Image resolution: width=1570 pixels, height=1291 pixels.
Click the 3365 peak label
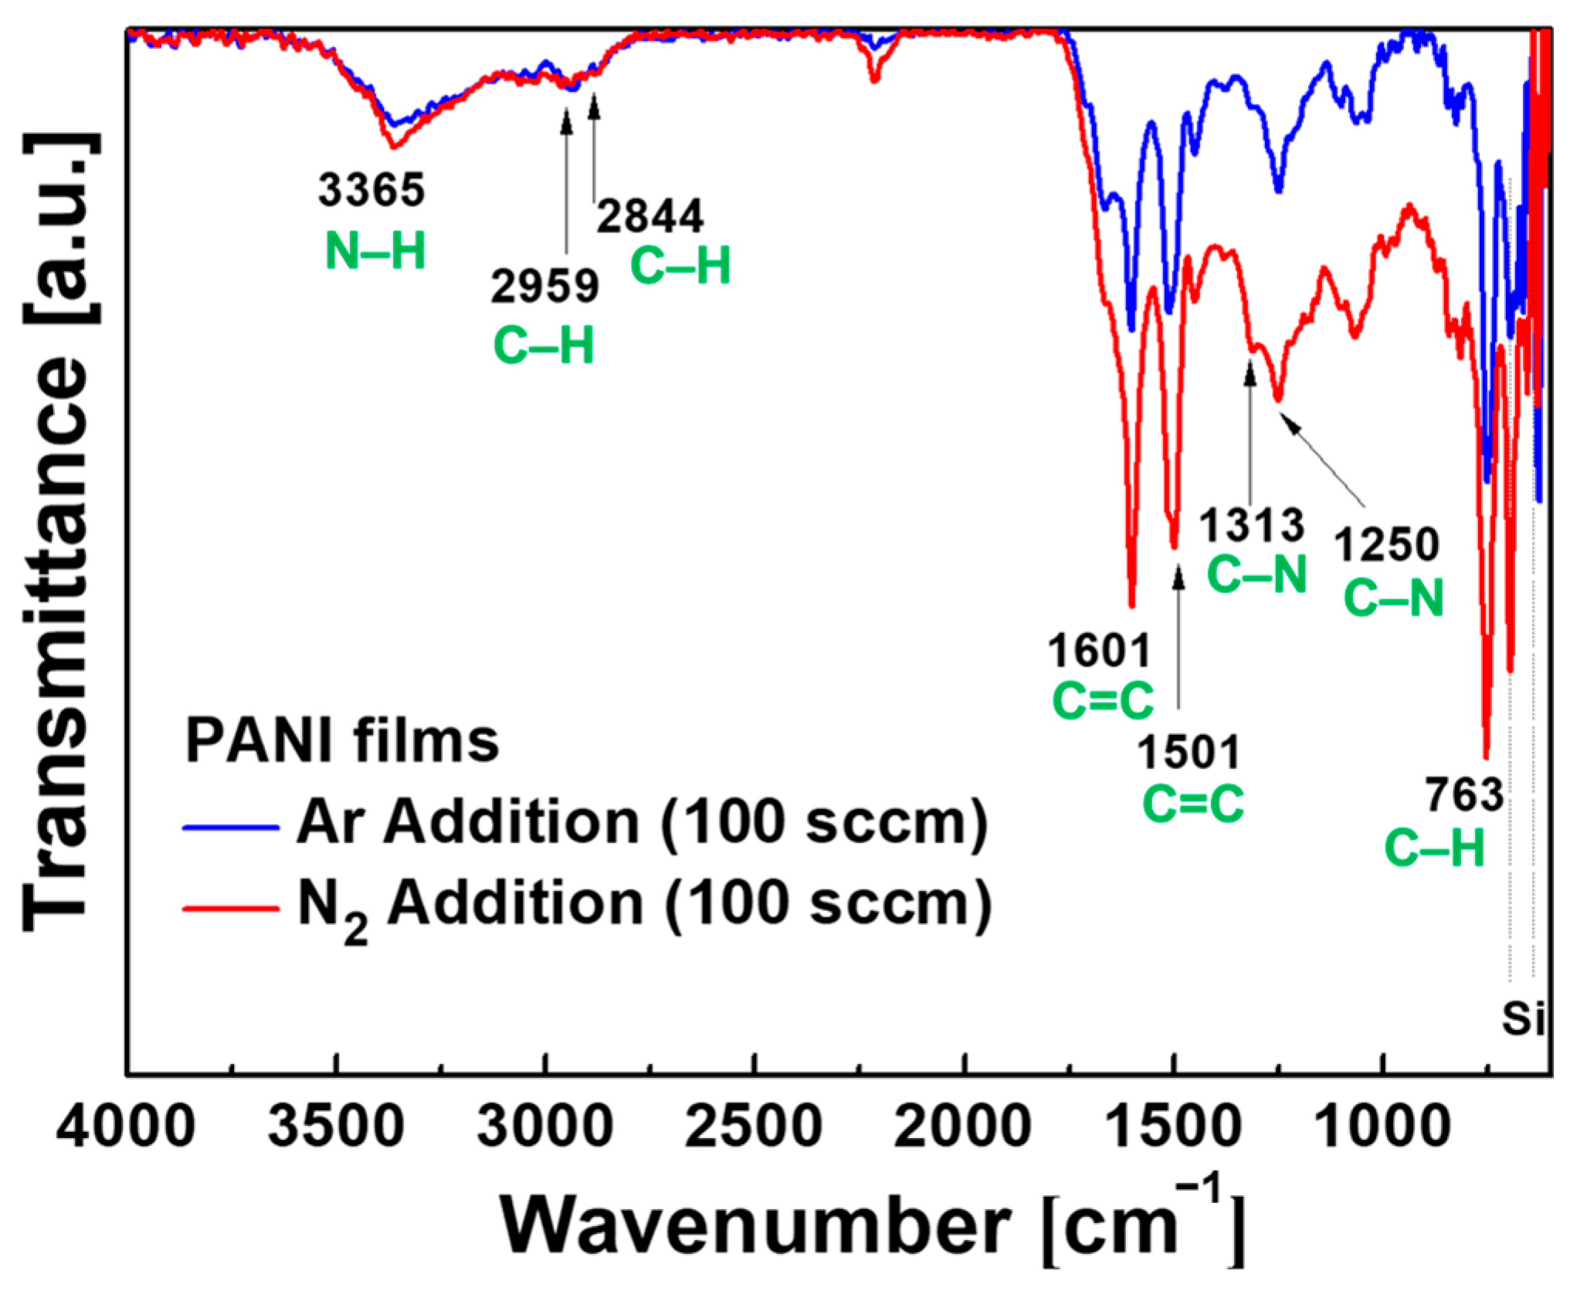[x=371, y=190]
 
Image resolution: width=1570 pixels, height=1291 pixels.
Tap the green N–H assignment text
[x=375, y=252]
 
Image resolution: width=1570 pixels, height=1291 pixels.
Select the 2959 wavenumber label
[x=544, y=286]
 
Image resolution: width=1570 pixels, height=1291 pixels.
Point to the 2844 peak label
[x=649, y=216]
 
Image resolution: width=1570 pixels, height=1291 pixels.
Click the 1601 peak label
[x=1099, y=651]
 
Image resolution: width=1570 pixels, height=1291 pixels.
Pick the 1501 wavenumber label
[x=1189, y=753]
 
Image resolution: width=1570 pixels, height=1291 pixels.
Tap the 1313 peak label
[x=1251, y=527]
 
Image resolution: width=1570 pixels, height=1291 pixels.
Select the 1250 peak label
[x=1387, y=545]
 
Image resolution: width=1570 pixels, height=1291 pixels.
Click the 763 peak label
[x=1464, y=795]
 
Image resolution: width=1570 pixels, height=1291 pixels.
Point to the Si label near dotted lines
[x=1523, y=1019]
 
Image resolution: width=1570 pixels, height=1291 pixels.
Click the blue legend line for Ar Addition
[x=230, y=828]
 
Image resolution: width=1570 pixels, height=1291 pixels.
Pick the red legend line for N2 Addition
[x=230, y=909]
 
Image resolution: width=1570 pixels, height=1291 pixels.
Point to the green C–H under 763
[x=1434, y=849]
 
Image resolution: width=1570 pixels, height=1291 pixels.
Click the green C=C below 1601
[x=1103, y=701]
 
